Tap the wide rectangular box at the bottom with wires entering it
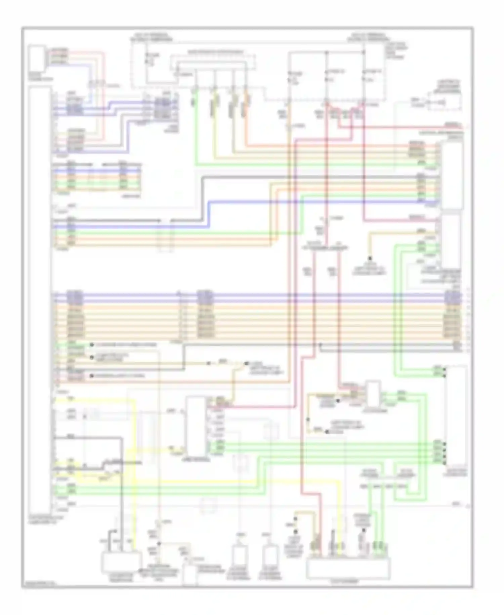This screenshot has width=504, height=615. [348, 568]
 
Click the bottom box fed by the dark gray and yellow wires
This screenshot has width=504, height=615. [121, 562]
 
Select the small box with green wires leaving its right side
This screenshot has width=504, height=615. [373, 394]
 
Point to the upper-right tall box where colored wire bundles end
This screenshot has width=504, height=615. [452, 175]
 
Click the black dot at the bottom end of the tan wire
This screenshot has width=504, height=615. [370, 258]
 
